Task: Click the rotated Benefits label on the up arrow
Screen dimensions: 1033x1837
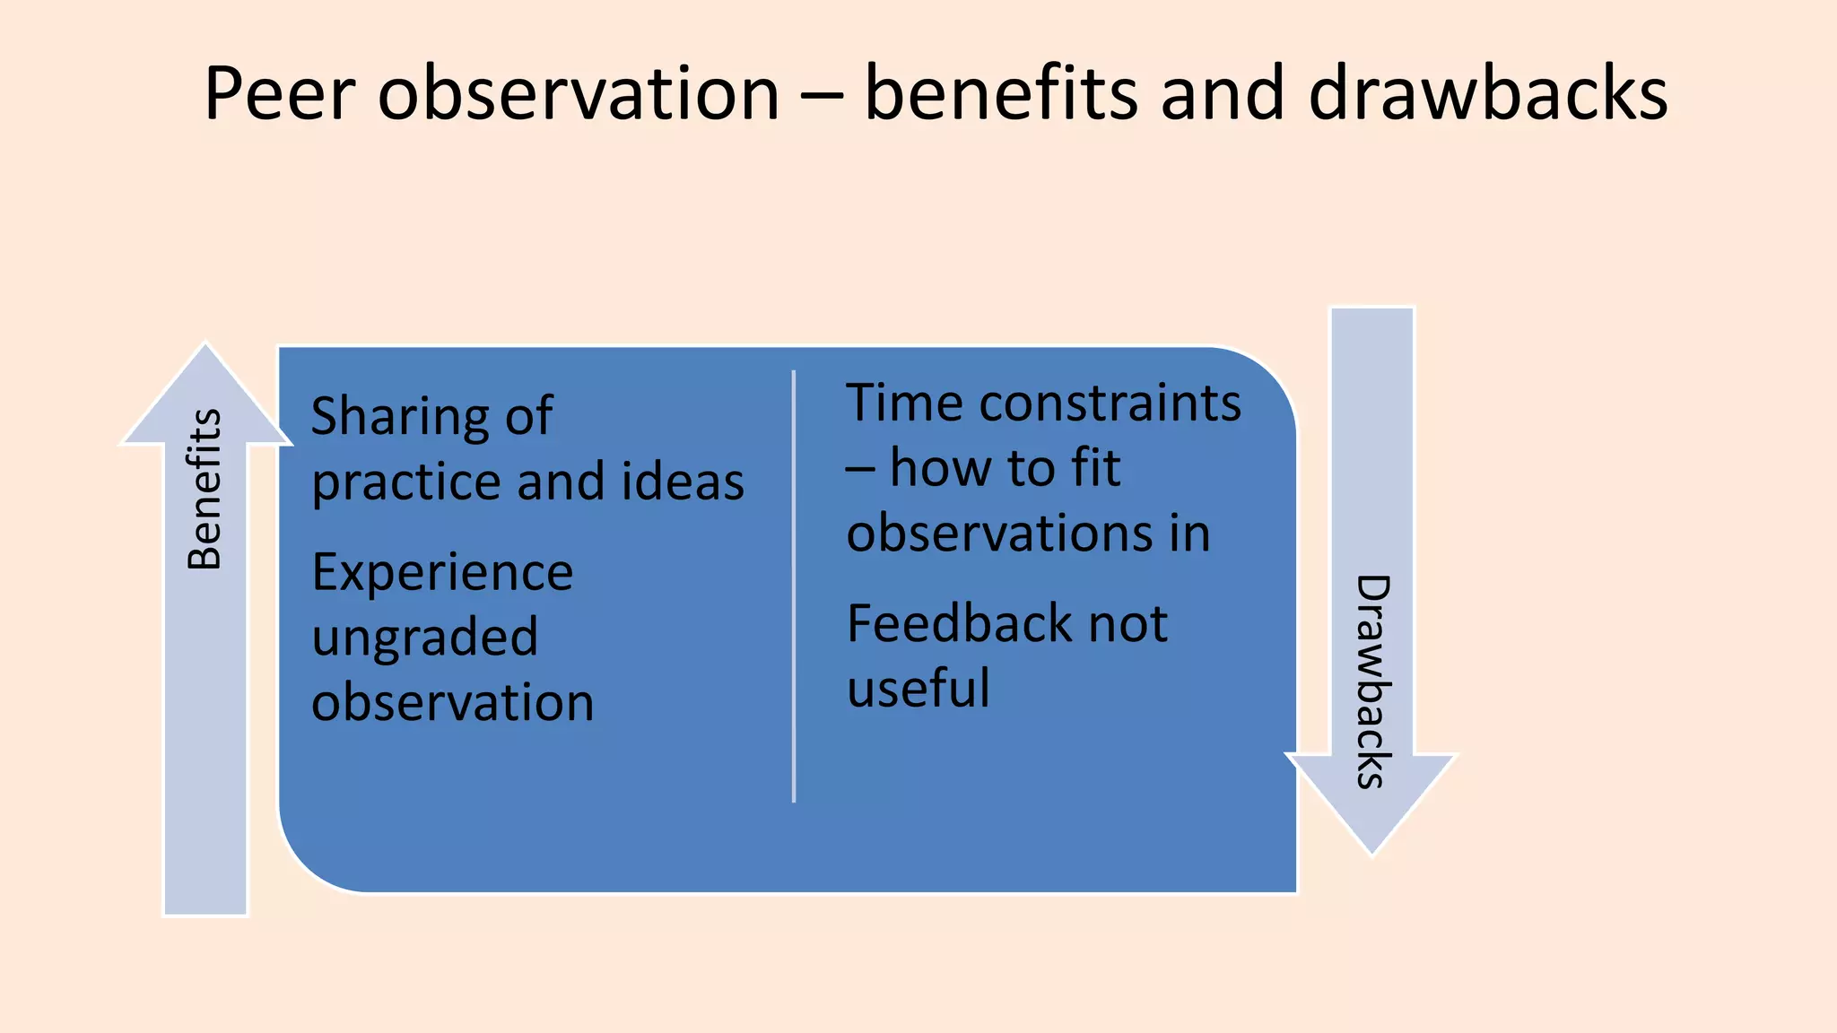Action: coord(205,490)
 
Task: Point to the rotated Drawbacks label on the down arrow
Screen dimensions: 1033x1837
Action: coord(1372,681)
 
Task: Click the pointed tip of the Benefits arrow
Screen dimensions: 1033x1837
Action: coord(205,347)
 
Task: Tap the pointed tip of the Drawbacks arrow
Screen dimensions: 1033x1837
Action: coord(1371,851)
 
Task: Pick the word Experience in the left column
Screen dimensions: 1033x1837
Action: coord(442,572)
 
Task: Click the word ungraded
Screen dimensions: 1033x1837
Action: coord(425,638)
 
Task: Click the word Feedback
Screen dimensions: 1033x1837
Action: coord(958,623)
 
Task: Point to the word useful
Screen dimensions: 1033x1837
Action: coord(918,689)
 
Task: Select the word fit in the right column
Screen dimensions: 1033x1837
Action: coord(1095,468)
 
